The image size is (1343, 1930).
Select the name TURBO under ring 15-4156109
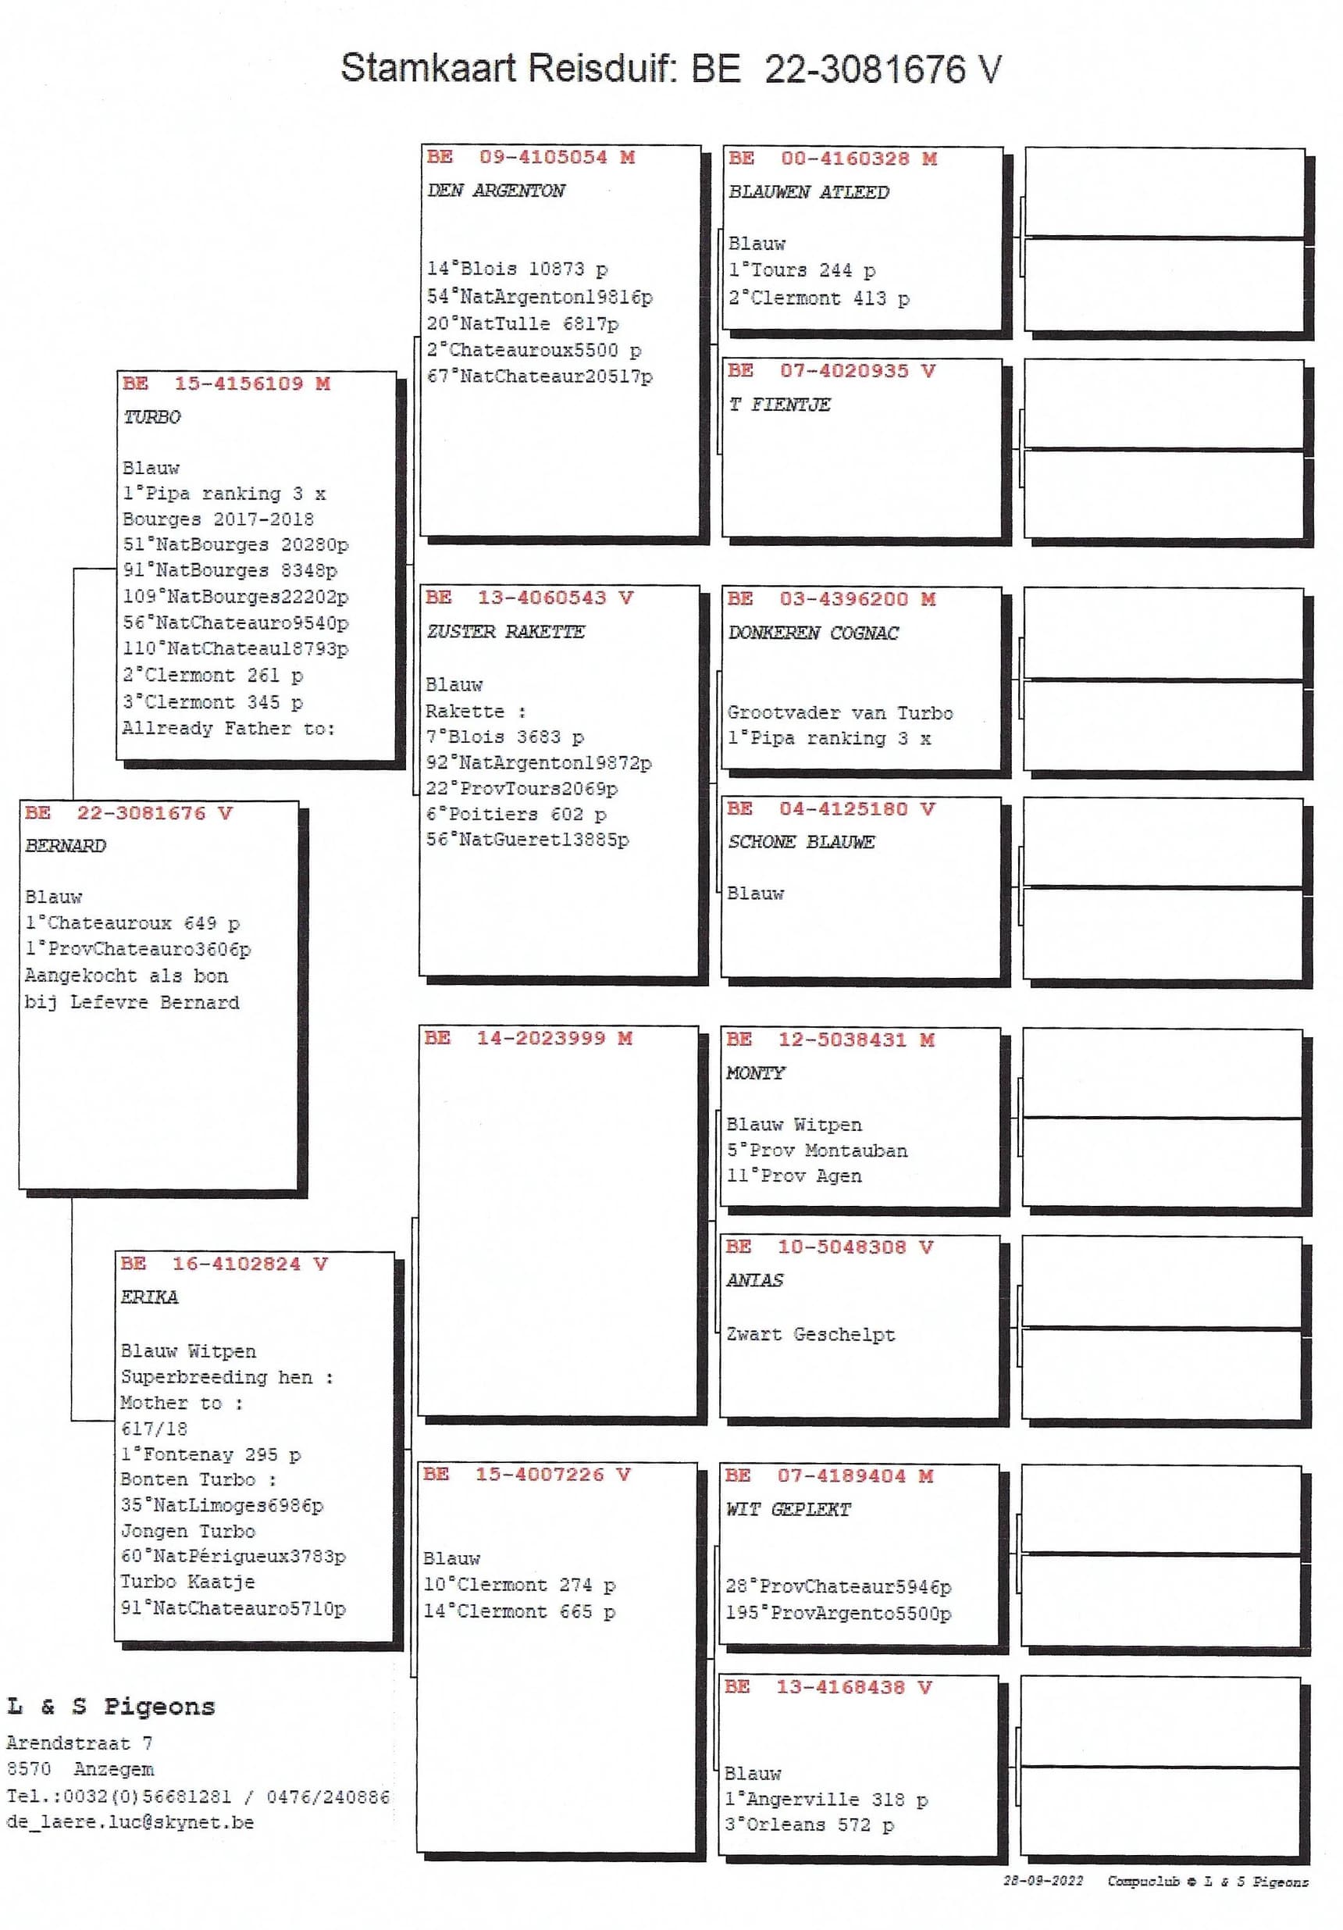tap(151, 417)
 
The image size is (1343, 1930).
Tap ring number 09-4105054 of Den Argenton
tap(542, 157)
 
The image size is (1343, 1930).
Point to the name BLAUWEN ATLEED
tap(807, 192)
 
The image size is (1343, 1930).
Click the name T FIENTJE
tap(779, 405)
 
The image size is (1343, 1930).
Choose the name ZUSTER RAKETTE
tap(504, 631)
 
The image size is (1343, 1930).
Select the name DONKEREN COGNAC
tap(813, 633)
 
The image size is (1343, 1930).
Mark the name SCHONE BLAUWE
tap(801, 842)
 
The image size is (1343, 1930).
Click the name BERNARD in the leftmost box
tap(66, 846)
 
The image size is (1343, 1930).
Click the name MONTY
tap(755, 1073)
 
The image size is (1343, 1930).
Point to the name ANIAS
tap(753, 1280)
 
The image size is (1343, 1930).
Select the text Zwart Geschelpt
tap(810, 1334)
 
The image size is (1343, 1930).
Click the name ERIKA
tap(149, 1297)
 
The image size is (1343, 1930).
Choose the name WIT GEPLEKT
tap(788, 1510)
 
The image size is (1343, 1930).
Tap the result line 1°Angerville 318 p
tap(825, 1800)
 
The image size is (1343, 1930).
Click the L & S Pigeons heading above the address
tap(111, 1707)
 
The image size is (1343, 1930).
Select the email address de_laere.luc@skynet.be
tap(130, 1822)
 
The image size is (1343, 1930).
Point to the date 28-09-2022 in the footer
tap(1042, 1882)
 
